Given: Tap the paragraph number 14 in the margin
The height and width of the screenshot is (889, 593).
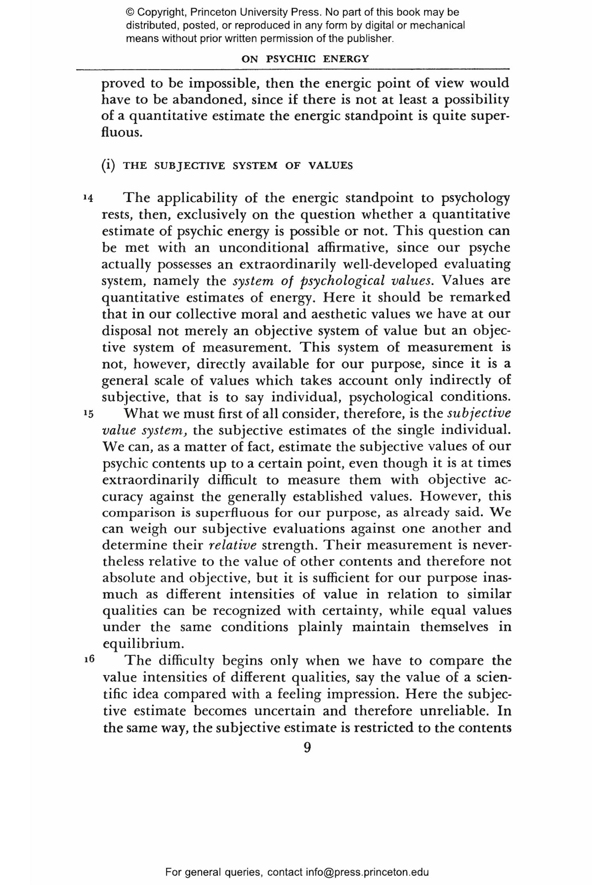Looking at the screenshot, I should (x=88, y=198).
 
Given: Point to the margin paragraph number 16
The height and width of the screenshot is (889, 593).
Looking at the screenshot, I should (x=89, y=659).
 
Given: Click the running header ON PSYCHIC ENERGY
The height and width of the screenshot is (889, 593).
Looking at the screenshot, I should (x=305, y=59).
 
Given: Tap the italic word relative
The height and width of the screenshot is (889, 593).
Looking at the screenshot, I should (x=232, y=545).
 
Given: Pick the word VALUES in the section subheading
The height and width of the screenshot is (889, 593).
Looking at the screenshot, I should (x=330, y=166).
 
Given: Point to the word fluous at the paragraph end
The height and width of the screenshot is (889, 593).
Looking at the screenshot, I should (x=121, y=132).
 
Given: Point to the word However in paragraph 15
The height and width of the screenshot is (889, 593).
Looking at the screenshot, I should (x=451, y=495).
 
